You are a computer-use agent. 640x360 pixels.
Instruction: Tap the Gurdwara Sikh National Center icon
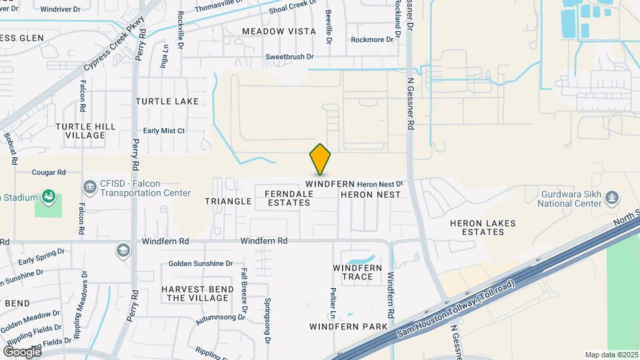click(x=613, y=197)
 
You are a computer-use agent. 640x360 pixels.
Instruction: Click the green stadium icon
click(x=48, y=196)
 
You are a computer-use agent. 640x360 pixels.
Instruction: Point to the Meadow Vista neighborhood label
click(x=279, y=31)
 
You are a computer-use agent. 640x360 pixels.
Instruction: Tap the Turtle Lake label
click(x=167, y=101)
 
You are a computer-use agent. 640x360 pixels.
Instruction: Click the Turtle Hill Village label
click(x=85, y=131)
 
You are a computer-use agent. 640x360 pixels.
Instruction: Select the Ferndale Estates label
click(x=289, y=198)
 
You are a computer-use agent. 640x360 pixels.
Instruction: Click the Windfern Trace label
click(x=357, y=272)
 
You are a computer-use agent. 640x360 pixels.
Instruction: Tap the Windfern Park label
click(x=349, y=327)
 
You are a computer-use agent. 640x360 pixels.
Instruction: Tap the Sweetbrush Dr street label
click(x=289, y=57)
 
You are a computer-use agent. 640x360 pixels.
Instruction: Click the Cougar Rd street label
click(x=49, y=172)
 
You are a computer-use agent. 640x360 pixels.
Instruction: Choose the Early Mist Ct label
click(x=164, y=131)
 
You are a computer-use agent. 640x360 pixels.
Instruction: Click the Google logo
click(x=22, y=351)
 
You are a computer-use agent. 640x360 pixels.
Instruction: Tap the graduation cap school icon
click(x=123, y=251)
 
